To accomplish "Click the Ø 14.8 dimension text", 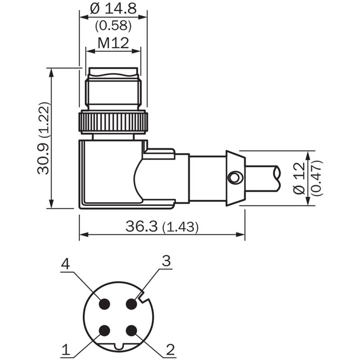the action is click(113, 9).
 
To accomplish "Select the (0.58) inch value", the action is click(113, 25).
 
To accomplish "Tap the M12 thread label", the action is click(113, 43).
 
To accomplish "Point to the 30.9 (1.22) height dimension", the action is click(43, 138).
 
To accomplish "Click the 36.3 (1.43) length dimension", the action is click(162, 226).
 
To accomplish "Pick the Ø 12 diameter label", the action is click(299, 178).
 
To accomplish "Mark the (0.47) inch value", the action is click(317, 178).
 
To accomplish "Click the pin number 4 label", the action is click(65, 264).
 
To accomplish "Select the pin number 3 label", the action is click(166, 261).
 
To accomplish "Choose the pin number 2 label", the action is click(171, 350).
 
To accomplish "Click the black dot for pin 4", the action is click(104, 304).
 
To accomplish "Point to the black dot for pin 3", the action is click(131, 304).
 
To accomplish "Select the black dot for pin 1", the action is click(104, 331).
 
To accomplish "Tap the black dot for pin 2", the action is click(131, 331).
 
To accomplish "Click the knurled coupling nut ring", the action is click(113, 122).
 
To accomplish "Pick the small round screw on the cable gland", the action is click(234, 178).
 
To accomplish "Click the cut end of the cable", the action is click(278, 178).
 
